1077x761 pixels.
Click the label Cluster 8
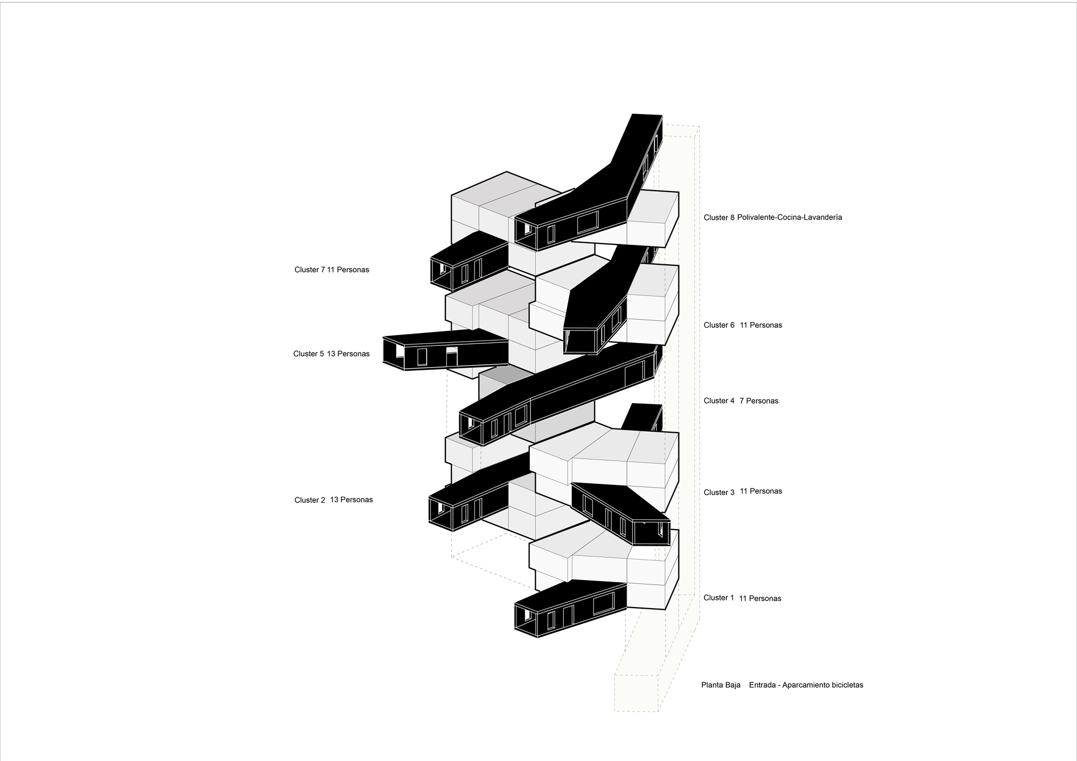point(718,218)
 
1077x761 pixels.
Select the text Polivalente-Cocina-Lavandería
point(789,217)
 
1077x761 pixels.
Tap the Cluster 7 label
point(310,270)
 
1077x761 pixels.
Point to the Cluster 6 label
point(718,325)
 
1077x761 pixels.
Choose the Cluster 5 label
point(309,354)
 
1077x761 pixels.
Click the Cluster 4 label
point(718,401)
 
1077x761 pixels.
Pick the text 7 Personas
point(759,401)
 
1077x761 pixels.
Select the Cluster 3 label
point(718,492)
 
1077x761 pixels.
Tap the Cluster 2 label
point(310,500)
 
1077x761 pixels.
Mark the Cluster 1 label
point(718,598)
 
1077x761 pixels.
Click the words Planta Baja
point(721,685)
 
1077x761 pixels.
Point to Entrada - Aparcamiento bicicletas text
point(806,685)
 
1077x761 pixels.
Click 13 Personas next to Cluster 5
point(348,354)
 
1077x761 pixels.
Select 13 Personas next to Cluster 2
point(351,499)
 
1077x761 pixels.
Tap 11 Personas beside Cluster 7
point(348,270)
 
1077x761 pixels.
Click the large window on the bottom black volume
point(604,603)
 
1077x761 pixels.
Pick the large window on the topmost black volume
point(588,222)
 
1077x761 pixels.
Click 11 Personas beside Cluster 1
point(760,598)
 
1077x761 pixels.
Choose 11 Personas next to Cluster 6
point(760,325)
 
